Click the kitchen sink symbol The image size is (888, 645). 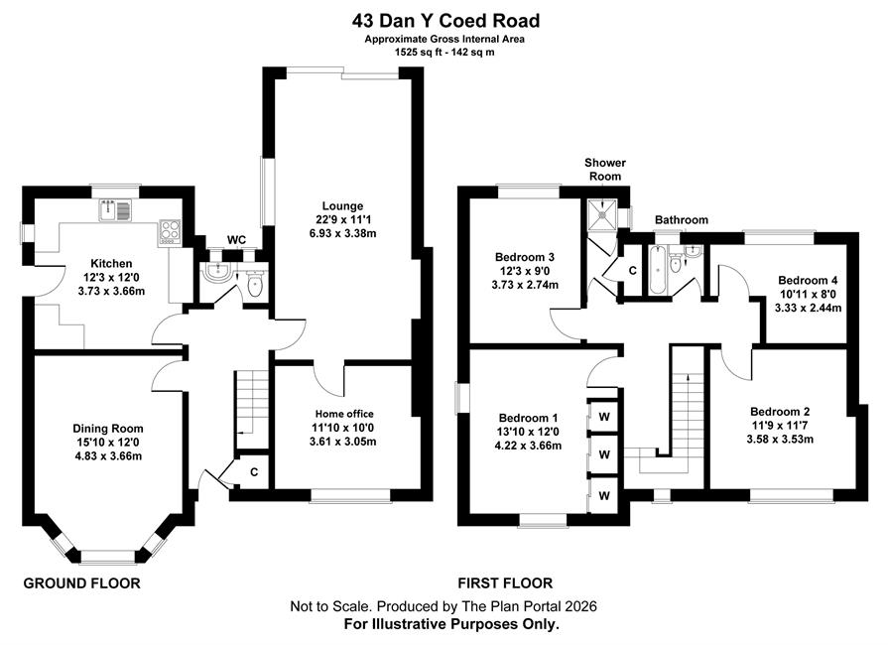(x=115, y=209)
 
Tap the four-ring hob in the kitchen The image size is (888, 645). (x=170, y=231)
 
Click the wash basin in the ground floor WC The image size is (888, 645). (x=218, y=272)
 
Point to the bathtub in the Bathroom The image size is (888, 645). (x=657, y=270)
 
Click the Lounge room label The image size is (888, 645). (x=342, y=205)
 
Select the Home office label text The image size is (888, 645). (x=344, y=414)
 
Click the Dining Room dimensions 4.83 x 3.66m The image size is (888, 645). (x=107, y=455)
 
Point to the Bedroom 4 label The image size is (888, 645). (x=808, y=280)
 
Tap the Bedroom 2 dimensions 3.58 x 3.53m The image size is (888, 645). (x=780, y=439)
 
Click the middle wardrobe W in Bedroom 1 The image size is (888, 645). (x=604, y=454)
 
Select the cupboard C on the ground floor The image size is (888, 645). (x=254, y=471)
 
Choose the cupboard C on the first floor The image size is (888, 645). (x=633, y=271)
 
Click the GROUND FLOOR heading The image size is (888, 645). (x=81, y=583)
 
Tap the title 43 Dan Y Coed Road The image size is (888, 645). (x=445, y=21)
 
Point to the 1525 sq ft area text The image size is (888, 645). (x=418, y=53)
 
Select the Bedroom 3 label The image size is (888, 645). (x=525, y=257)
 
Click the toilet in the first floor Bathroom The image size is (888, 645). (x=675, y=262)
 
